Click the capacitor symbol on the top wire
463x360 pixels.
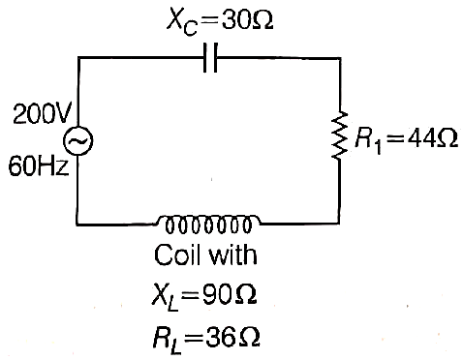pos(210,58)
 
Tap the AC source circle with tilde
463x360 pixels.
pos(77,141)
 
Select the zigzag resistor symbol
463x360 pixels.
pos(340,135)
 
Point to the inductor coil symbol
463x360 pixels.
pos(209,224)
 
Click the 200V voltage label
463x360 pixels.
pos(42,114)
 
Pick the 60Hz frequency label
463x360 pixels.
pos(39,166)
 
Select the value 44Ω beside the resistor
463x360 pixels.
pos(432,138)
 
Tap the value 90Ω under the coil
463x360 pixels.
pos(230,294)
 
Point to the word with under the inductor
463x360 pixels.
pos(233,255)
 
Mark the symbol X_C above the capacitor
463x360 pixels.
pos(182,22)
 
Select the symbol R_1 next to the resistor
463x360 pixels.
pos(368,141)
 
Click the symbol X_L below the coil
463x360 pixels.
pos(166,297)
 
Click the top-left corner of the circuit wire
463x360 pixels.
pos(78,58)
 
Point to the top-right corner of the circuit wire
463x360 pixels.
pos(340,58)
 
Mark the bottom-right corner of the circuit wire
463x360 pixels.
pos(339,223)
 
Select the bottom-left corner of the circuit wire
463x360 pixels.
pos(77,224)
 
